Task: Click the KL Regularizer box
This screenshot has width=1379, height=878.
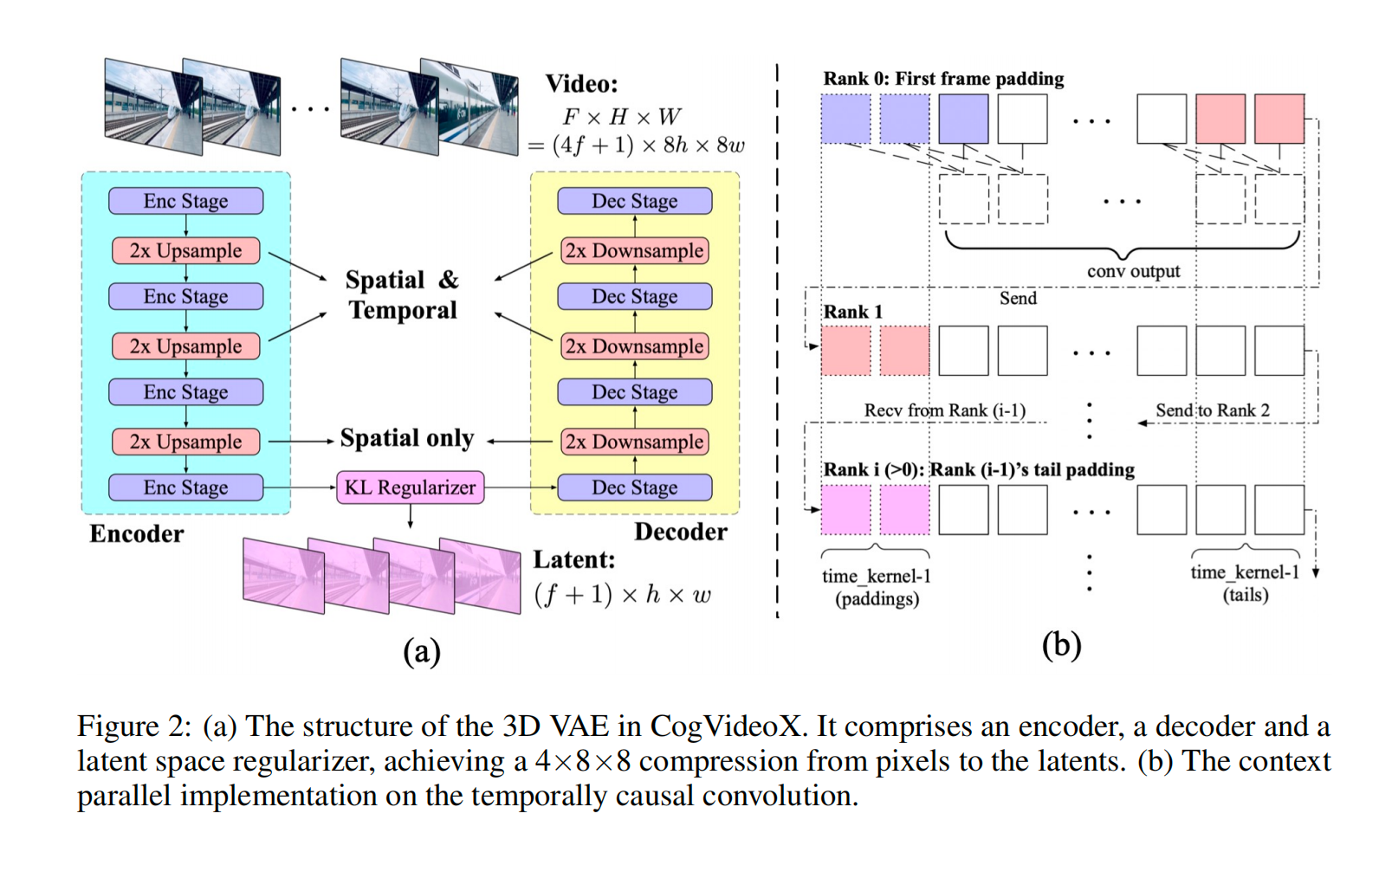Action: (x=410, y=487)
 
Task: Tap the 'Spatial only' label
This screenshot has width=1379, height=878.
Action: (x=407, y=438)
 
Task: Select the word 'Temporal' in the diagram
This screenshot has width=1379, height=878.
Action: (x=403, y=310)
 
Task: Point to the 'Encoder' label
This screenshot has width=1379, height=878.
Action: (x=137, y=533)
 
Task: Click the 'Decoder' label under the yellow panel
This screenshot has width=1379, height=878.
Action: (x=681, y=532)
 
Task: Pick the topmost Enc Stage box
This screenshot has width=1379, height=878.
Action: (x=185, y=201)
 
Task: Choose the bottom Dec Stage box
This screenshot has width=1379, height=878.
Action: (x=634, y=487)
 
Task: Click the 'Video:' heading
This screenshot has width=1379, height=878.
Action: (x=581, y=84)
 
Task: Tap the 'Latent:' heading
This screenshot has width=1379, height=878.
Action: (x=573, y=560)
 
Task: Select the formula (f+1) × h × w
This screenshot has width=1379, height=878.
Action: (x=622, y=595)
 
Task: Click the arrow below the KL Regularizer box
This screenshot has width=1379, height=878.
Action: (x=410, y=517)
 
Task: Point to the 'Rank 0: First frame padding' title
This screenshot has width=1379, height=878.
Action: (x=943, y=79)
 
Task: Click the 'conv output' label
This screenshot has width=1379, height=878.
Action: (x=1133, y=272)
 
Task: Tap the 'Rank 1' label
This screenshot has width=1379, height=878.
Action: (x=852, y=312)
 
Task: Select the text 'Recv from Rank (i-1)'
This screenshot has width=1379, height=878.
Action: (x=944, y=410)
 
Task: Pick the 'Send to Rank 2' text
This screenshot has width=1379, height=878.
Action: (x=1212, y=410)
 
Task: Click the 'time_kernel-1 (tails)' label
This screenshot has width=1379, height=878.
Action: (x=1245, y=584)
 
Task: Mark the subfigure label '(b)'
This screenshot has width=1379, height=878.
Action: (x=1061, y=645)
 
